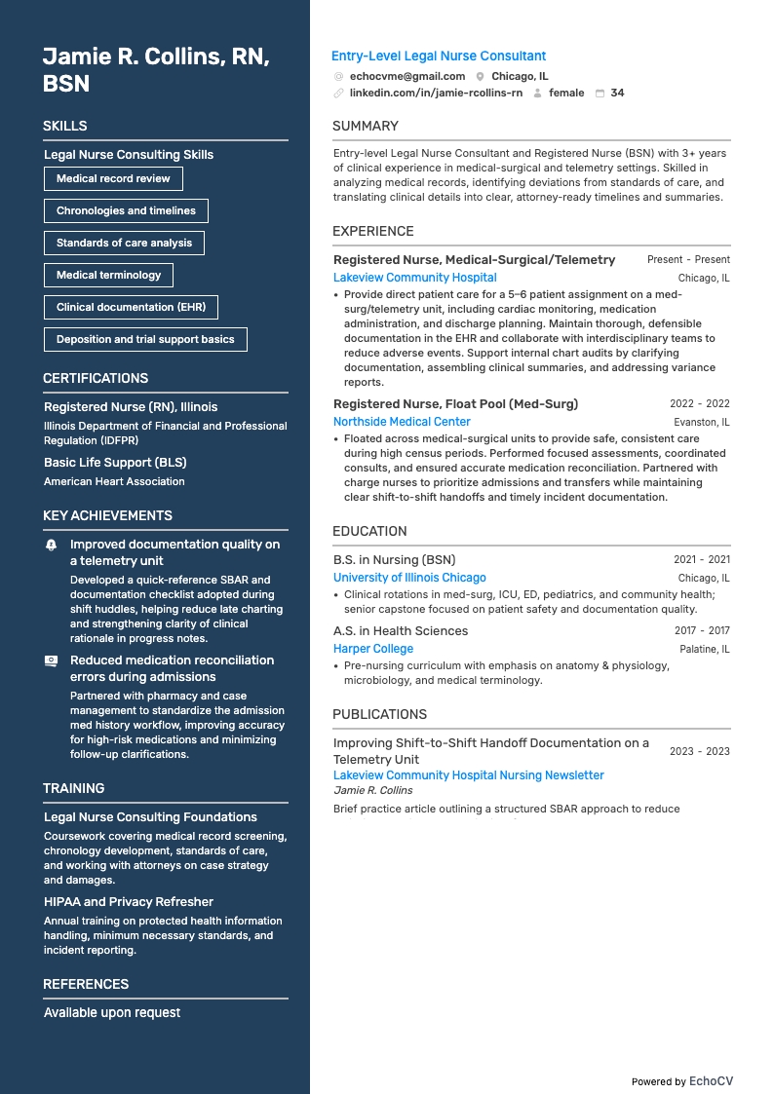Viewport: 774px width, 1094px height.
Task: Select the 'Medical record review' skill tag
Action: [x=113, y=178]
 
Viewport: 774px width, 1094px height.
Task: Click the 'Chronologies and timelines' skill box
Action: [x=126, y=210]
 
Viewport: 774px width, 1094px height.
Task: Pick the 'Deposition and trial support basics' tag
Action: [x=145, y=339]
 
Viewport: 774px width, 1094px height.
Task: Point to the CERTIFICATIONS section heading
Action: [x=96, y=378]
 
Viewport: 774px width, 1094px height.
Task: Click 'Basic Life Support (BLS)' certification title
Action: [x=115, y=463]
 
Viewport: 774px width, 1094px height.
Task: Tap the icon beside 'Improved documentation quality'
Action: [x=52, y=546]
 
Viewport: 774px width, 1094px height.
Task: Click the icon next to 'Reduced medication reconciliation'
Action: [x=52, y=660]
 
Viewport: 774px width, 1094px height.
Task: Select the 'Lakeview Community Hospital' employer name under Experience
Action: [x=414, y=278]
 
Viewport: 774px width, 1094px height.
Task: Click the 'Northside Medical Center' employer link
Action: [x=402, y=422]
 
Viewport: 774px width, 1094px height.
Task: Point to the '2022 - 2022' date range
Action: [x=699, y=403]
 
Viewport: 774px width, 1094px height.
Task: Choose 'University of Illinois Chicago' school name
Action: [x=409, y=578]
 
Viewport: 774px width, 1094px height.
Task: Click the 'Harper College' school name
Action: [x=373, y=649]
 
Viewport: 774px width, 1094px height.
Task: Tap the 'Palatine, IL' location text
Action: [x=704, y=649]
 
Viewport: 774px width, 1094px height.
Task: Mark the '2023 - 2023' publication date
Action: [x=699, y=751]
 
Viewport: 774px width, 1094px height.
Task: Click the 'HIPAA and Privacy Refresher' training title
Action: [x=129, y=902]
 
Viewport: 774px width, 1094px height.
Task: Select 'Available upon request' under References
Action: [x=112, y=1013]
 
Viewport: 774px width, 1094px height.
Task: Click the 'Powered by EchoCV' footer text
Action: [x=681, y=1081]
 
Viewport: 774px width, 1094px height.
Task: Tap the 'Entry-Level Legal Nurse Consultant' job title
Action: [x=439, y=57]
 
